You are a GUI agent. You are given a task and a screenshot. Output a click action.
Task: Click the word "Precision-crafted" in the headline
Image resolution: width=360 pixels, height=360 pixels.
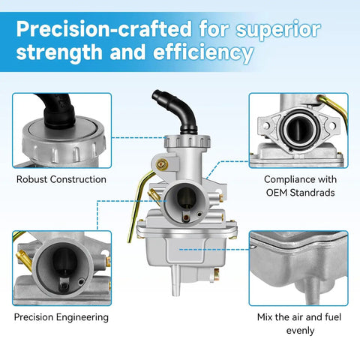pyautogui.click(x=104, y=29)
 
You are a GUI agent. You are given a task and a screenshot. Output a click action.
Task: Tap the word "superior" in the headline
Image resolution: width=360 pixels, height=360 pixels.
pyautogui.click(x=278, y=31)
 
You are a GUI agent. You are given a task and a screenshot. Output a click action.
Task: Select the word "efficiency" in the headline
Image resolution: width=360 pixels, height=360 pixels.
pyautogui.click(x=203, y=53)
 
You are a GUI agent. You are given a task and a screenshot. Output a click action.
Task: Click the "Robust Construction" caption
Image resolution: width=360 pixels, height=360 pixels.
pyautogui.click(x=61, y=179)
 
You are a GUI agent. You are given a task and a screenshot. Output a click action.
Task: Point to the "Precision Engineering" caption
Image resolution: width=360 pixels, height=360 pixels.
pyautogui.click(x=61, y=317)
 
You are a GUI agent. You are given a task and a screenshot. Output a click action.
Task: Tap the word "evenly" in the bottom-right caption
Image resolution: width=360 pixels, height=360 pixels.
pyautogui.click(x=300, y=331)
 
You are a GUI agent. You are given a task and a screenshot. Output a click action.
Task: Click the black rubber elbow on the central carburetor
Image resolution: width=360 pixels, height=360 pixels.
pyautogui.click(x=175, y=111)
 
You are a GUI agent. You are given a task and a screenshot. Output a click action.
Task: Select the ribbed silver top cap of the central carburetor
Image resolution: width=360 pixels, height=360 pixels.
pyautogui.click(x=187, y=142)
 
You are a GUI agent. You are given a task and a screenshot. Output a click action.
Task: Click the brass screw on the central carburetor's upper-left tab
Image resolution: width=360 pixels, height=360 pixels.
pyautogui.click(x=161, y=164)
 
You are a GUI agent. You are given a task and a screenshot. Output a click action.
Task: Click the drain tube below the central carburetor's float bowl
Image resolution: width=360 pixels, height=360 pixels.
pyautogui.click(x=175, y=280)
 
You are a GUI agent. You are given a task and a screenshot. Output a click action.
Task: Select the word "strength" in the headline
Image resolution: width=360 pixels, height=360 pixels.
pyautogui.click(x=59, y=52)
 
